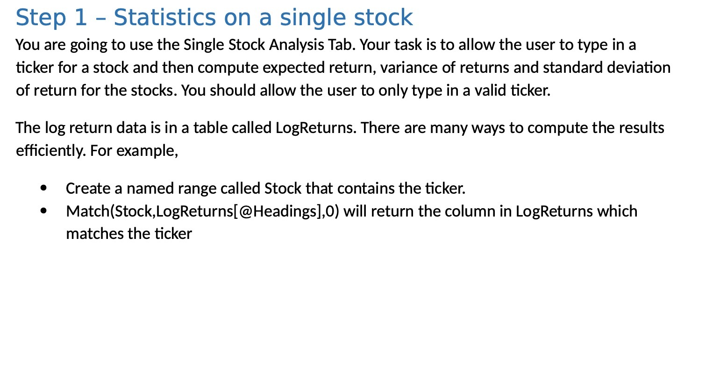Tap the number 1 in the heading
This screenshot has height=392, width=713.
tap(80, 18)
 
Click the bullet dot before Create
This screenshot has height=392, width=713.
tap(44, 188)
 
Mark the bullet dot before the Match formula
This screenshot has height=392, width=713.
tap(44, 211)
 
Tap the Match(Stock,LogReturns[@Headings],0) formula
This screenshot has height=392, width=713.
tap(202, 211)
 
